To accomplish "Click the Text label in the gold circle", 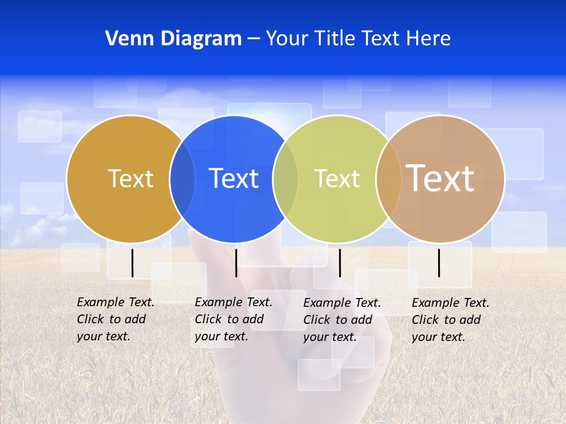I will click(130, 178).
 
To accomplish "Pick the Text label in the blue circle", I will click(234, 178).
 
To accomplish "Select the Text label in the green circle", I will click(337, 178).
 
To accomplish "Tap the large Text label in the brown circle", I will click(440, 178).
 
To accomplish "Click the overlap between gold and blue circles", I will click(182, 178).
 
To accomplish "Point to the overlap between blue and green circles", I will click(285, 178).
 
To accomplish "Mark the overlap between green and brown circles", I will click(389, 178).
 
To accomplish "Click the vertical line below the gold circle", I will click(132, 263).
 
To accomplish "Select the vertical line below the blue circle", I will click(236, 263).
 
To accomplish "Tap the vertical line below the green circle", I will click(340, 263).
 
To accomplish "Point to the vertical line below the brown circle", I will click(439, 263).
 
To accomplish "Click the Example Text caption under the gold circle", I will click(116, 319).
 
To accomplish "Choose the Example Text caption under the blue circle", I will click(233, 319).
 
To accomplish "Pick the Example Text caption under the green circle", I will click(342, 320).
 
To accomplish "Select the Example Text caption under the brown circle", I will click(450, 320).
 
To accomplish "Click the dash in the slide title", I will click(254, 39).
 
